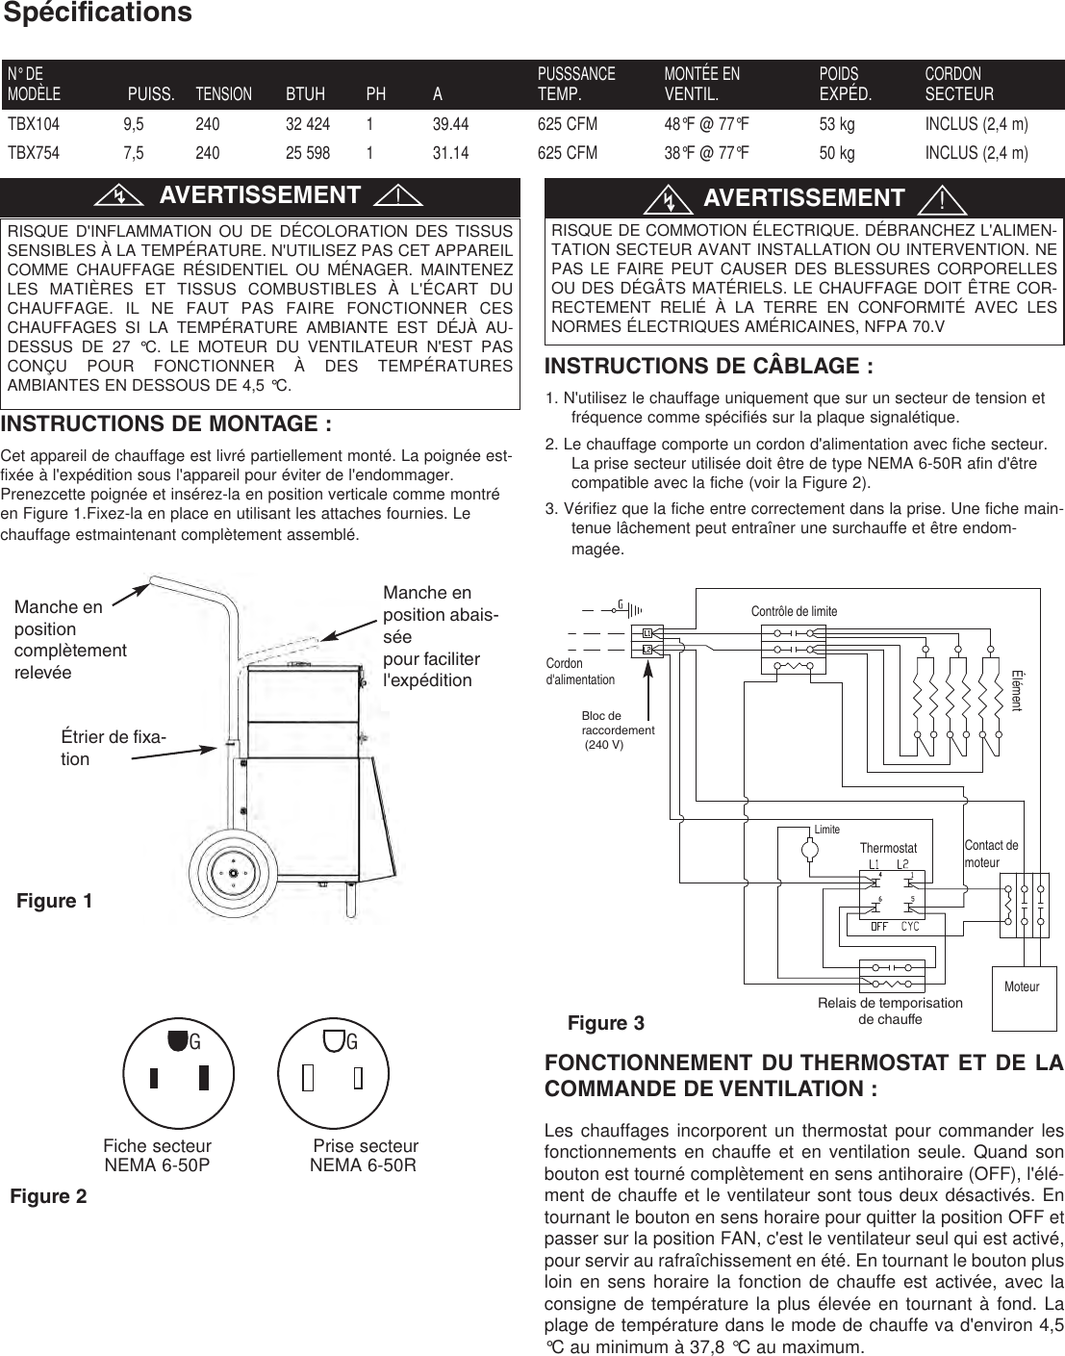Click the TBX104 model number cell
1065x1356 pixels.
[34, 124]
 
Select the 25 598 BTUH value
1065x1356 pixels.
[307, 153]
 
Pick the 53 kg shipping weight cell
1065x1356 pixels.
[836, 124]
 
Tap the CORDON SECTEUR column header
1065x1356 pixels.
[958, 84]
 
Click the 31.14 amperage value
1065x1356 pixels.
[450, 153]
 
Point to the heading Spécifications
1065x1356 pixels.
[97, 13]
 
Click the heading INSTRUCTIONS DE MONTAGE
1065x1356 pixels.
[166, 424]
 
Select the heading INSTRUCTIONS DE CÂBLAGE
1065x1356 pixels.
[709, 367]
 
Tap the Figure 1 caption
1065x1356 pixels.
[55, 901]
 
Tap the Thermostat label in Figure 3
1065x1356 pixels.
[888, 848]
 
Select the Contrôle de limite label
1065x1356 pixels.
[794, 611]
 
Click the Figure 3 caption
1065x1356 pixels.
[606, 1023]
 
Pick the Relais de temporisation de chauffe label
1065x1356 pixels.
[890, 1011]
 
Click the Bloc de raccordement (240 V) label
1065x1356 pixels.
[617, 730]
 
